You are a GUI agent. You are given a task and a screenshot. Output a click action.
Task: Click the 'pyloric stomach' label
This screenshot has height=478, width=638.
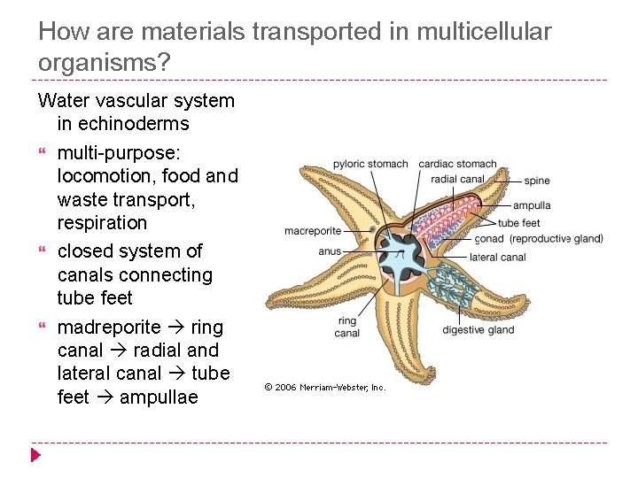370,164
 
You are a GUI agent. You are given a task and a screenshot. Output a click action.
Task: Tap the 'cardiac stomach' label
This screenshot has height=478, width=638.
457,164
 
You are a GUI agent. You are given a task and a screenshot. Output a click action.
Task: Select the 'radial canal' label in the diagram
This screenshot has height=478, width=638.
457,179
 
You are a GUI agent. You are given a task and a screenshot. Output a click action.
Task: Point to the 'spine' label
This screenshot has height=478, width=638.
536,181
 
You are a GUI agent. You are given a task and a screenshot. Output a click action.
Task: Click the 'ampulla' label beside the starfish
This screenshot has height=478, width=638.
531,205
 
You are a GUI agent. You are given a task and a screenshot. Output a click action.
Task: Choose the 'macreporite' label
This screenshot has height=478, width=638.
313,232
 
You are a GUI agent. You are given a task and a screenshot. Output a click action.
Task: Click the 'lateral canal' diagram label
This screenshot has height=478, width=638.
497,258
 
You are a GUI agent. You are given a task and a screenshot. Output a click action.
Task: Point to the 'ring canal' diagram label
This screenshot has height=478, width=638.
347,327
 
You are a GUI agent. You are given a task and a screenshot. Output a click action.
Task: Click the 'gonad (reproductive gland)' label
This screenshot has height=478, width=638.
539,239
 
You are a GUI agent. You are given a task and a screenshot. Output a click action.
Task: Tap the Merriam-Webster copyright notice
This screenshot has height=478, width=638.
325,387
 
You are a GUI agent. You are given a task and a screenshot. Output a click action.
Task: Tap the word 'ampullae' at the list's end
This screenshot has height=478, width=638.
159,397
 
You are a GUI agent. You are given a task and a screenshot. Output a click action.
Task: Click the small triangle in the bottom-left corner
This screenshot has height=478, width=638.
35,456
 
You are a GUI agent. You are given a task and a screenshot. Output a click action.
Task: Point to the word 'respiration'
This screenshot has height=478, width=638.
102,223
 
